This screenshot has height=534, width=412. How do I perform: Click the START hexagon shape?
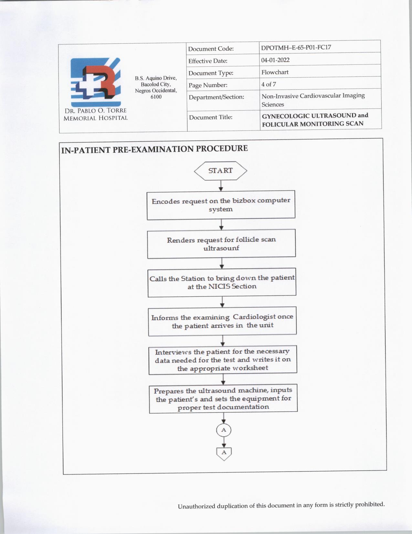pos(220,171)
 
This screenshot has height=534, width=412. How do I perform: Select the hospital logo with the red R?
pos(95,82)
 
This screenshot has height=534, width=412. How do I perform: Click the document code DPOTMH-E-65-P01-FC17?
pos(296,47)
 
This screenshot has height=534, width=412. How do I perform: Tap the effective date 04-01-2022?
pos(275,60)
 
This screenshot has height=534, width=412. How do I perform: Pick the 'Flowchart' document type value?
pos(275,72)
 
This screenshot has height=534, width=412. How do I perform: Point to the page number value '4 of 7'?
pos(269,84)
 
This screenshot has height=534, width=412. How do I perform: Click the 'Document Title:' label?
pos(211,117)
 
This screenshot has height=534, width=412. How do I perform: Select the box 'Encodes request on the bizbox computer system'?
pos(221,205)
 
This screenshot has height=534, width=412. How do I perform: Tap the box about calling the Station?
pos(222,282)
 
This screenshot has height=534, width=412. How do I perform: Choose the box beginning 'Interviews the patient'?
pos(223,360)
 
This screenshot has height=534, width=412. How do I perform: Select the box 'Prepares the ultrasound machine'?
pos(223,398)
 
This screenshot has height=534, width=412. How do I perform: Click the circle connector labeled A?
pos(224,430)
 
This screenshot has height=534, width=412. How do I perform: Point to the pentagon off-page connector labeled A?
pos(224,453)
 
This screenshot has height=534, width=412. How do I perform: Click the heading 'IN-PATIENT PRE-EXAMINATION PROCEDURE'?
pos(154,149)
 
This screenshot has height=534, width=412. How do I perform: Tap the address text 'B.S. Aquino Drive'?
pos(156,78)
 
